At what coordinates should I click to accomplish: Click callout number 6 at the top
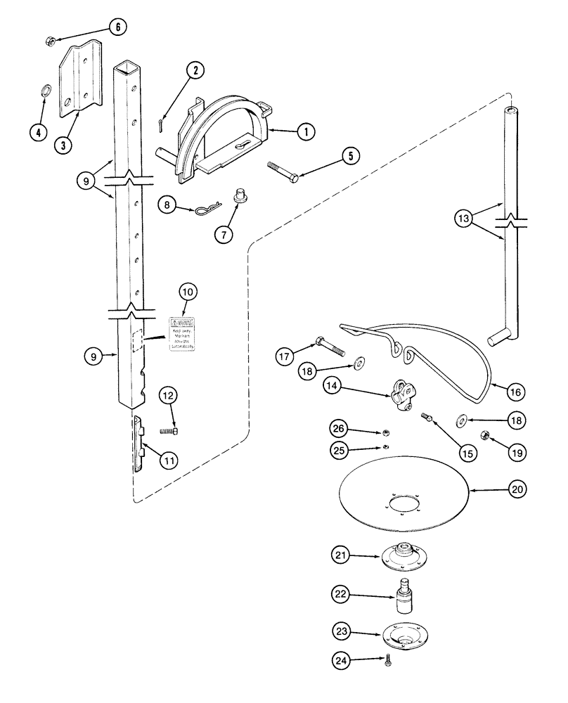[x=117, y=27]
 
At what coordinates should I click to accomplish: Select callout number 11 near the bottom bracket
[x=168, y=460]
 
